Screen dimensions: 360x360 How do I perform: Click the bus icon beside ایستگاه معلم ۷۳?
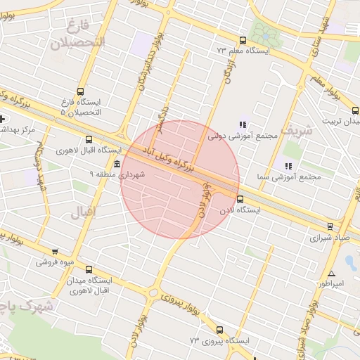coord(243,40)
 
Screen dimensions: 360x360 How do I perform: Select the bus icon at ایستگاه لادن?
coord(240,199)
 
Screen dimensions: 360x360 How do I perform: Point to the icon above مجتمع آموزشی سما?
coord(288,166)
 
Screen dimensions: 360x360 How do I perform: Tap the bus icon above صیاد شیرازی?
coord(330,226)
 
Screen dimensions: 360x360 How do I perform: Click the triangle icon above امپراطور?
coord(331,274)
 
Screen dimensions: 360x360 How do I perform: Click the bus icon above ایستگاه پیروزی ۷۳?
coord(220,329)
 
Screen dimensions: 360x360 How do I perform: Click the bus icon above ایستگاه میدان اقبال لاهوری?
coord(89,269)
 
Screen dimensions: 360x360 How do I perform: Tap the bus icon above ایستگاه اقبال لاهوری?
coord(89,139)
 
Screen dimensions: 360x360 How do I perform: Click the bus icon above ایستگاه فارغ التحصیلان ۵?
coord(81,91)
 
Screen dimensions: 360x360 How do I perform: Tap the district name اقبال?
coord(84,210)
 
